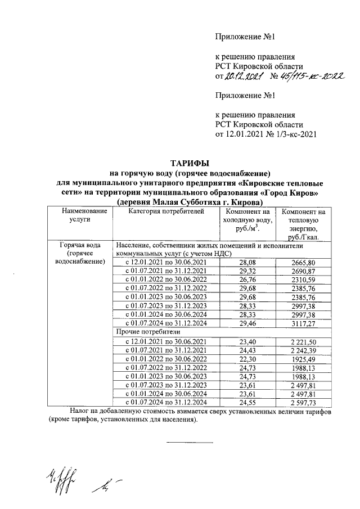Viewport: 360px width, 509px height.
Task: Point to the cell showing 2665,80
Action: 304,263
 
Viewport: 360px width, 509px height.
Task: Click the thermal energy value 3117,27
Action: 304,324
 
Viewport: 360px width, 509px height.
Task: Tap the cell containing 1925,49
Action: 304,359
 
